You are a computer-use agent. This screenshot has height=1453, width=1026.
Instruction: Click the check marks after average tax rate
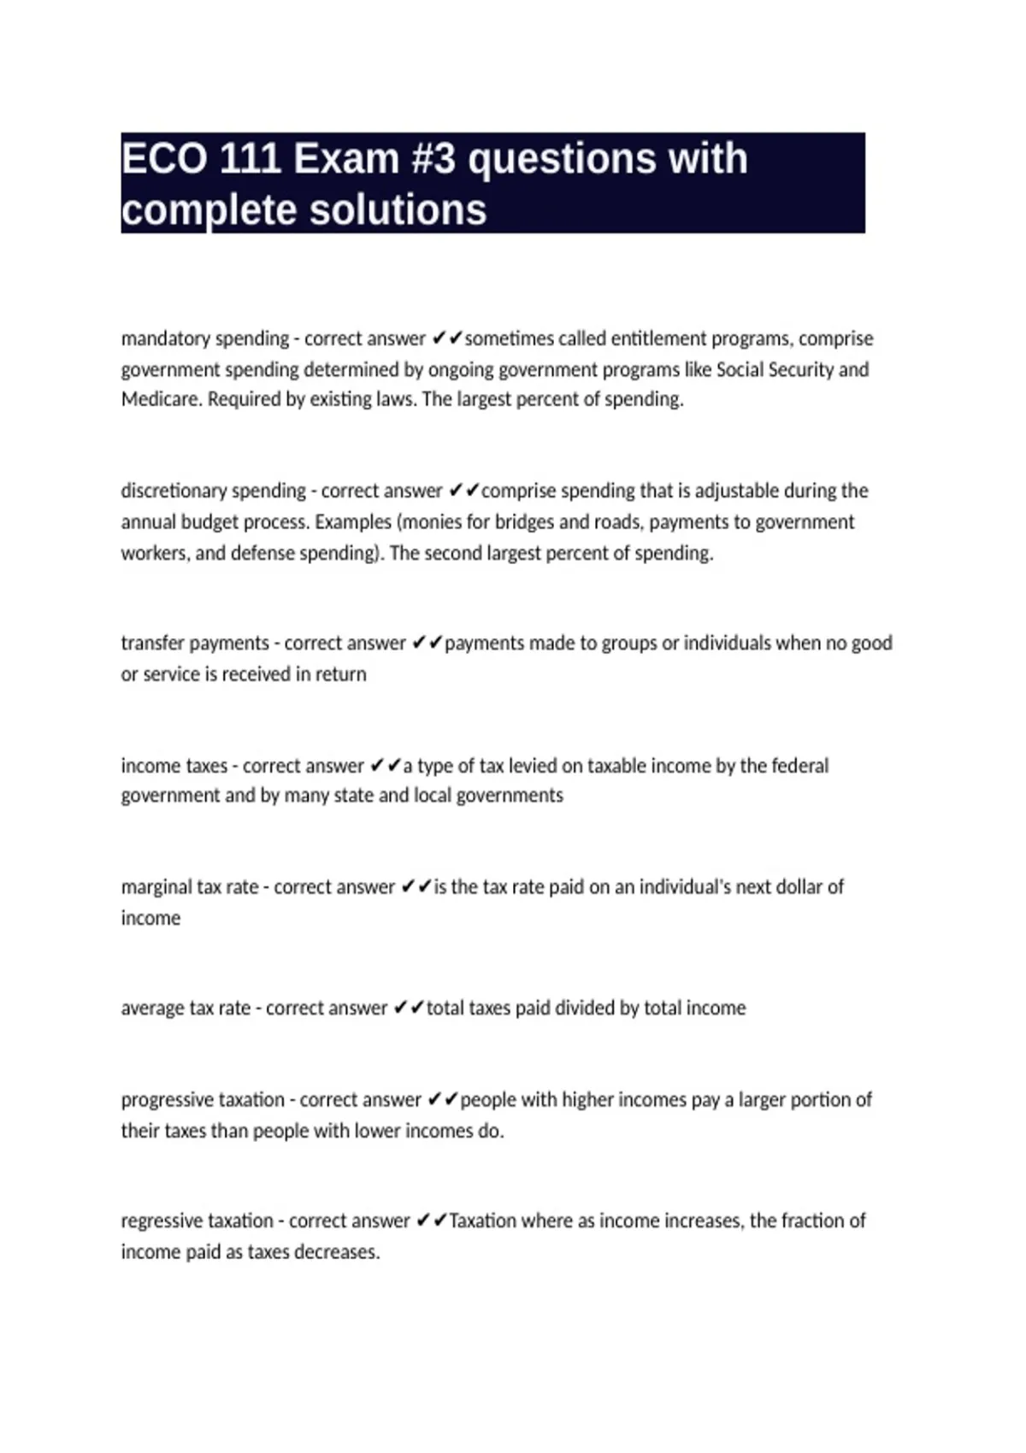tap(408, 1009)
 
